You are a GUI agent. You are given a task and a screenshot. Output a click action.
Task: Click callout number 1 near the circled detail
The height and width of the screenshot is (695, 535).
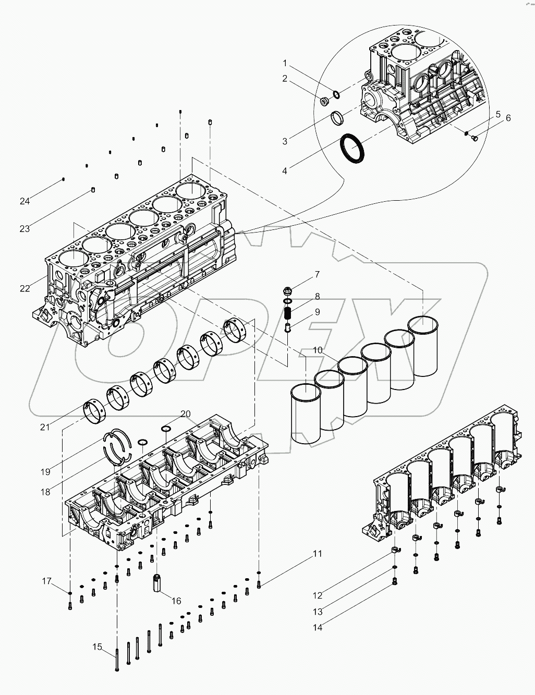click(285, 63)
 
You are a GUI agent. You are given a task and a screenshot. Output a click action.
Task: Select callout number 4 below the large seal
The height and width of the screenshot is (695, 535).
click(285, 170)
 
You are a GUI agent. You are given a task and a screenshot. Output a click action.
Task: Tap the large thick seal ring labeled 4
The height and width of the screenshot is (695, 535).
click(353, 149)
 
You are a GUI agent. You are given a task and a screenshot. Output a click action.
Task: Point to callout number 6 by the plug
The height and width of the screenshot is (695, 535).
click(507, 118)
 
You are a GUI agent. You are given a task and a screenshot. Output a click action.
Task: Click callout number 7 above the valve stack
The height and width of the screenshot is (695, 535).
click(317, 274)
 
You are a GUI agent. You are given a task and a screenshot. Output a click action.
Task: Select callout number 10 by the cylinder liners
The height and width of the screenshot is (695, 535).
click(318, 350)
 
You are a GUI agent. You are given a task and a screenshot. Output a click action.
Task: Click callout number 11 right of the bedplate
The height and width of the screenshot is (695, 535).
click(318, 554)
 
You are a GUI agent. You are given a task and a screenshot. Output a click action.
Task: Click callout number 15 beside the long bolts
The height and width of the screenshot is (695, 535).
click(97, 647)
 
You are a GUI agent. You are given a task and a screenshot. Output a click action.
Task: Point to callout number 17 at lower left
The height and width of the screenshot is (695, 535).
click(47, 581)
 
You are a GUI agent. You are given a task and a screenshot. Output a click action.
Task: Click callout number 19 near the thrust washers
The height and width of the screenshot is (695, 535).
click(46, 472)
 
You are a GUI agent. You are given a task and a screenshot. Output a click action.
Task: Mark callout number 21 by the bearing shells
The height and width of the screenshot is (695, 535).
click(45, 427)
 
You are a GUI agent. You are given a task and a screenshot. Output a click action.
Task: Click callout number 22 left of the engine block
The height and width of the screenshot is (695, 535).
click(26, 288)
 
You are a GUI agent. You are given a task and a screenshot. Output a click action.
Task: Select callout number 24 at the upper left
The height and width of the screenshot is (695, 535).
click(25, 200)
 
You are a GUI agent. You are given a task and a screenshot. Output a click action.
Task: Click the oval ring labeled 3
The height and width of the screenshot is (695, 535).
click(338, 118)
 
